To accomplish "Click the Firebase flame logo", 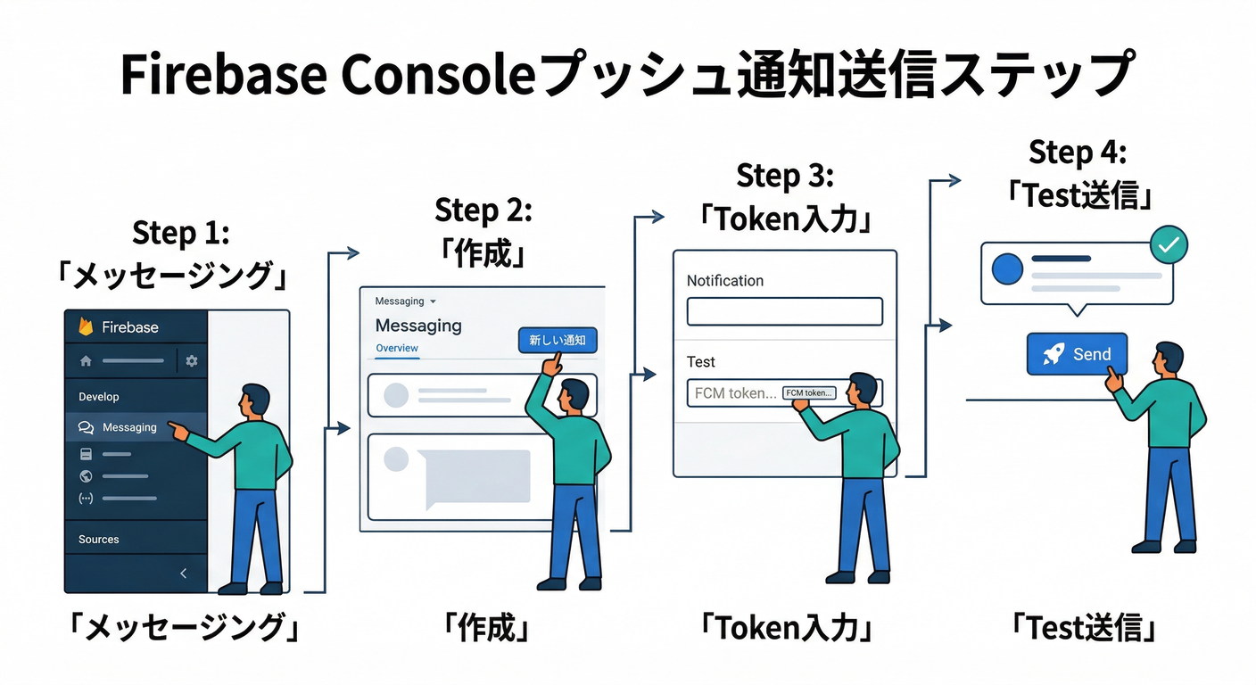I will (x=86, y=326).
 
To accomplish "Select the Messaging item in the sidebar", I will (x=128, y=427).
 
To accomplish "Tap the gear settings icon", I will (x=191, y=361).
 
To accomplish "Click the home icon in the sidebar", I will (x=86, y=361).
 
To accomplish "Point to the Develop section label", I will (x=98, y=397).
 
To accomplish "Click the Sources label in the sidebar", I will (x=98, y=540).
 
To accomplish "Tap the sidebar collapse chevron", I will (x=184, y=574).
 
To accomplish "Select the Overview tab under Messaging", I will (x=397, y=348).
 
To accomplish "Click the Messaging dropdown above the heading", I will (x=405, y=301).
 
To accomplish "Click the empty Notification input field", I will (x=784, y=311).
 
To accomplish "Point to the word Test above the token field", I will (x=700, y=361).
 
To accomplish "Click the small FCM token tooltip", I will (x=809, y=392).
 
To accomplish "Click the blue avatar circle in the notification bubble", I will (x=1007, y=268).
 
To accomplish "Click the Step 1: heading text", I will (x=181, y=233).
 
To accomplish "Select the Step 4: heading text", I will (x=1078, y=153).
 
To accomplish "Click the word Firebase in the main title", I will (x=224, y=75).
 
